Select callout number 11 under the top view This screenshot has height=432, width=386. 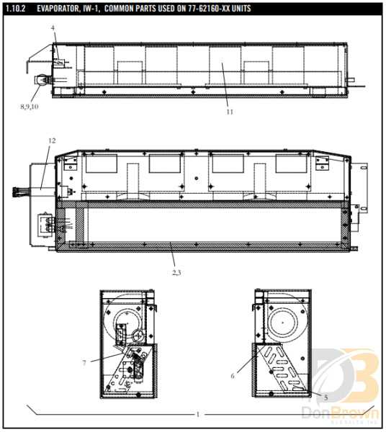(x=230, y=112)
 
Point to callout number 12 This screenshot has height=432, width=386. (x=51, y=140)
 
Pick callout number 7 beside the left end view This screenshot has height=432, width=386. (x=84, y=362)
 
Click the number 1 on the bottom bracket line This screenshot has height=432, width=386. (x=198, y=415)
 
